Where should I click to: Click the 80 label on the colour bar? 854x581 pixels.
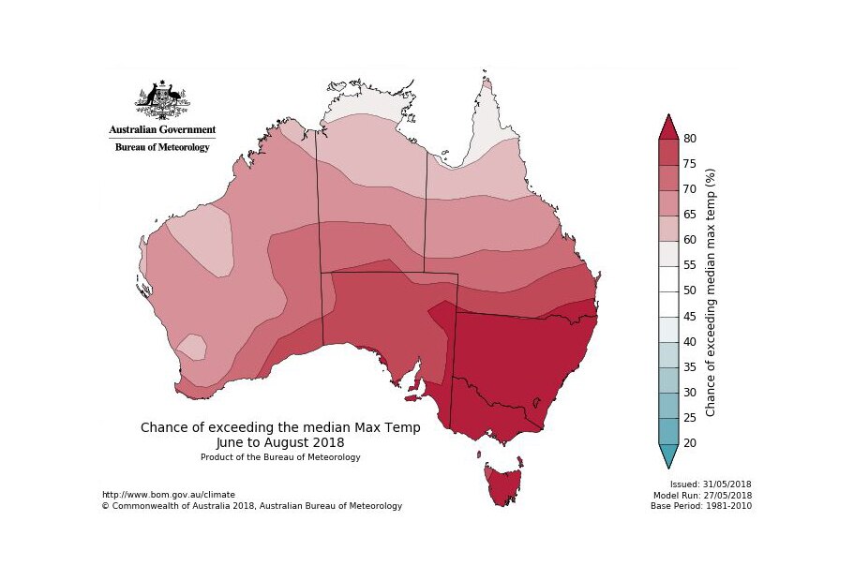[x=690, y=139]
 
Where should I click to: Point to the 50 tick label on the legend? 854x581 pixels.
[x=690, y=290]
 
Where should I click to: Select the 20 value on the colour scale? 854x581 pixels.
[x=690, y=443]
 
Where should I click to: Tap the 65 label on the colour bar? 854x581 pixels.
[x=690, y=215]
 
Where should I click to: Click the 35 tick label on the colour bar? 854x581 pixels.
[x=690, y=367]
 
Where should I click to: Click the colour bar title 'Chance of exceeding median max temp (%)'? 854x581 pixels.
[x=711, y=292]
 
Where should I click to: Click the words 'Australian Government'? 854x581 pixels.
[x=162, y=130]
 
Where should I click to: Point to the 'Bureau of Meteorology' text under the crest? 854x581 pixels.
[x=162, y=147]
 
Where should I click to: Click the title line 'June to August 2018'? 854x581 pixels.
[x=279, y=442]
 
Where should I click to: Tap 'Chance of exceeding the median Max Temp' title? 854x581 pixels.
[x=279, y=427]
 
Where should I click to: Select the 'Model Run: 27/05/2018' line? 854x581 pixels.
[x=704, y=495]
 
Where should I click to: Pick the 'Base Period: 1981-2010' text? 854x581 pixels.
[x=701, y=506]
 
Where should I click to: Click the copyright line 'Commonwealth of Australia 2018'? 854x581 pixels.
[x=251, y=506]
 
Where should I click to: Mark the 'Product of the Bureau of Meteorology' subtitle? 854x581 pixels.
[x=279, y=457]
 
